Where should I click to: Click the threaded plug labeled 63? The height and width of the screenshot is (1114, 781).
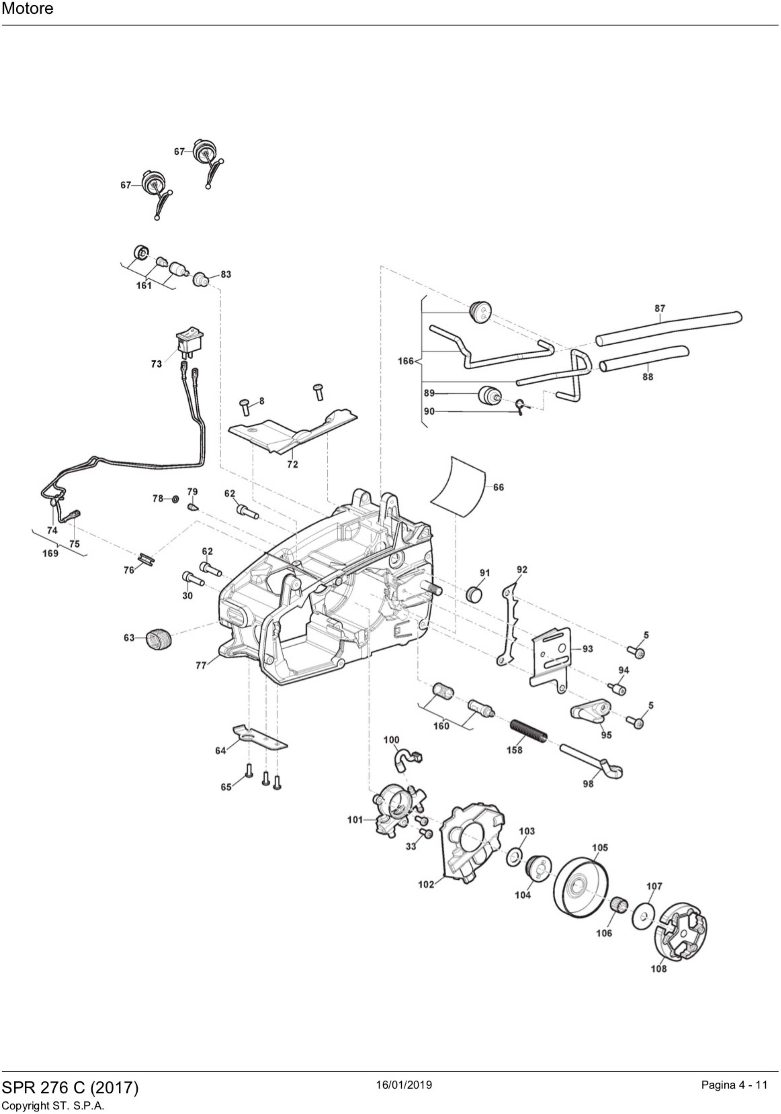155,638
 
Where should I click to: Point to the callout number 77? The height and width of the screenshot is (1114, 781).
201,666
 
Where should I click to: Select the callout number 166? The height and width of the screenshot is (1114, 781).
405,361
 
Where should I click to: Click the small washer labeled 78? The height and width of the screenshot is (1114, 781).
175,498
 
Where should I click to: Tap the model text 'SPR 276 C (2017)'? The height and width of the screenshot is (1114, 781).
70,1087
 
